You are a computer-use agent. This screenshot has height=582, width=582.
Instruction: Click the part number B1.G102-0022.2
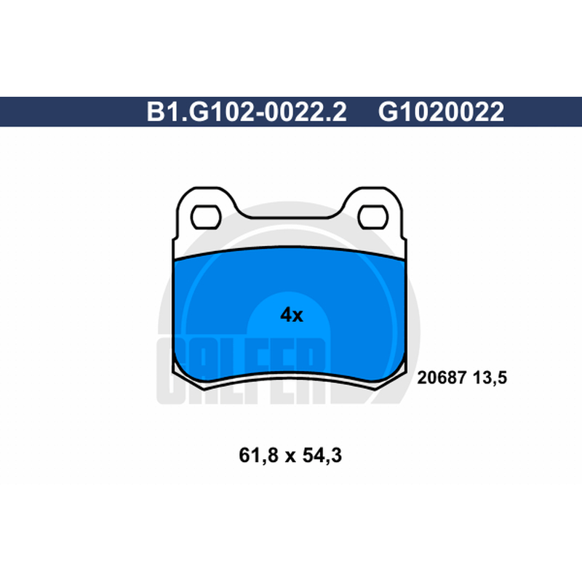click(247, 112)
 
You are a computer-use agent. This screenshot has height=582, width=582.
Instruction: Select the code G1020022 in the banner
click(441, 112)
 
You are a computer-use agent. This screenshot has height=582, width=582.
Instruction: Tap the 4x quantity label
click(292, 315)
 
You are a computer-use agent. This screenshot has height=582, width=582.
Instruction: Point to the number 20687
click(442, 378)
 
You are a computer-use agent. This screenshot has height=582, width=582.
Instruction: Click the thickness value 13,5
click(490, 378)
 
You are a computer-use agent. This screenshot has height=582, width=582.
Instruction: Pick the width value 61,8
click(258, 455)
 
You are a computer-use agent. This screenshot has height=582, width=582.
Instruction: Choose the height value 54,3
click(322, 455)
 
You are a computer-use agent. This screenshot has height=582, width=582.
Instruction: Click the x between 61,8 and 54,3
click(290, 458)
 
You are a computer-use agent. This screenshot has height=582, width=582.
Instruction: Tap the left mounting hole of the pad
click(206, 217)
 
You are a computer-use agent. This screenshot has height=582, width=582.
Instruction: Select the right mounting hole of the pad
click(373, 217)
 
